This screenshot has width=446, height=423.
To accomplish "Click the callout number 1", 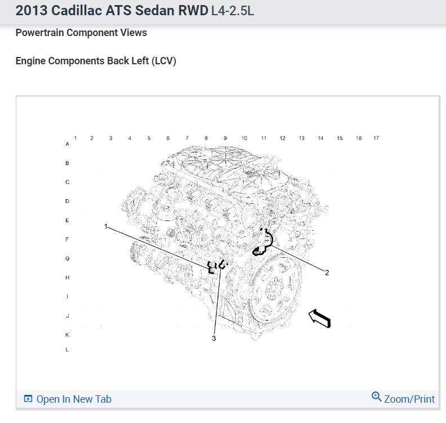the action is pos(105,226).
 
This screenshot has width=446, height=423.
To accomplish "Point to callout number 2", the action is pos(327,272).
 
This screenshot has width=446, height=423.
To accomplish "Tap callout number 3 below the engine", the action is pos(214,338).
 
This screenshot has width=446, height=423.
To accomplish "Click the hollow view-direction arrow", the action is pos(319,318).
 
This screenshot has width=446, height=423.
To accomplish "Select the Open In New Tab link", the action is pos(74,399).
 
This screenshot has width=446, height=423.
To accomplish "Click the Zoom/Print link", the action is pos(409,399).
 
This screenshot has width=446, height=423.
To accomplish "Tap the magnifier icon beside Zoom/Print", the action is pos(377,397).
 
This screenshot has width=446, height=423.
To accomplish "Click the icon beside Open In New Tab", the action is pos(28,399).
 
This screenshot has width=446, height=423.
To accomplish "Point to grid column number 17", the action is pos(376,138).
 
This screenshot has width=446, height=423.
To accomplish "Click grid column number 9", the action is pos(225,138).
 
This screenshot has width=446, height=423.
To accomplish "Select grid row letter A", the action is pos(68,144).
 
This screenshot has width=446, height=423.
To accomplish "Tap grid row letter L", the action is pos(68,350).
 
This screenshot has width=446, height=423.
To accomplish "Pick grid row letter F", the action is pos(68,240).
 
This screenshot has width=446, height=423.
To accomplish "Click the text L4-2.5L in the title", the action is pos(233,11).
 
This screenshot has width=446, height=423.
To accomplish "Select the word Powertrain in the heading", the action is pos(40,33).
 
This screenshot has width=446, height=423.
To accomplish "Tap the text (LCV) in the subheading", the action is pos(164,61).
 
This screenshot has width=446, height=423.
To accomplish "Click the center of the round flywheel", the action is pos(276,288).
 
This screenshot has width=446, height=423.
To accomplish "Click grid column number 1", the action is pos(75,138).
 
